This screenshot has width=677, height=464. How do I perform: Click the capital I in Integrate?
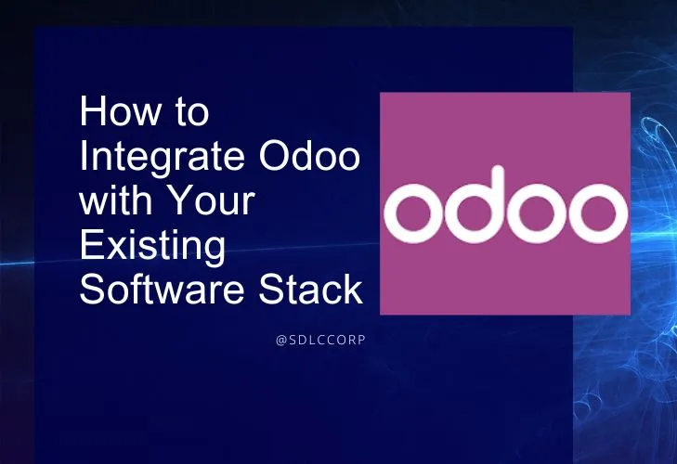85,156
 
